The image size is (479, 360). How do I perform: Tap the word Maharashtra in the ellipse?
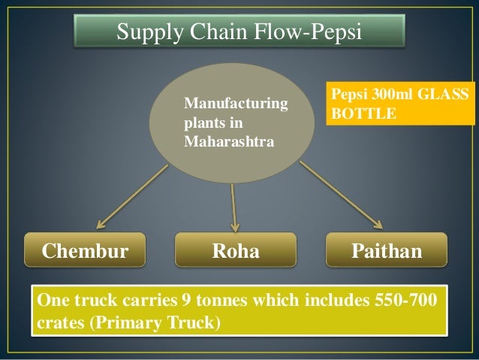click(x=224, y=141)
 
